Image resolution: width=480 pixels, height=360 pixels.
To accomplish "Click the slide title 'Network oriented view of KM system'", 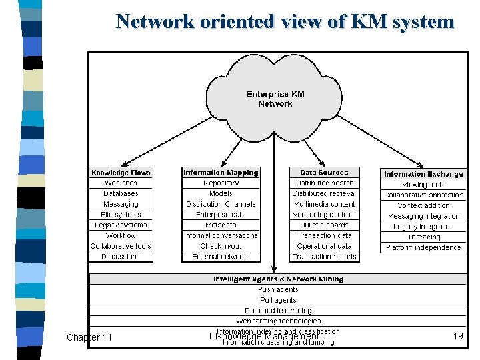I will tap(285, 21).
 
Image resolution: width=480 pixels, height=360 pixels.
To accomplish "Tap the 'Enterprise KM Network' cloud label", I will tap(275, 99).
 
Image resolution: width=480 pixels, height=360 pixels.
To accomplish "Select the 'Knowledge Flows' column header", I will tap(121, 173).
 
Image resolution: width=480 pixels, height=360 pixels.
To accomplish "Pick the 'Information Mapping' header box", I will tap(221, 172).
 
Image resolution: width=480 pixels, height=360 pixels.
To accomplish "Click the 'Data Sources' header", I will tap(324, 172).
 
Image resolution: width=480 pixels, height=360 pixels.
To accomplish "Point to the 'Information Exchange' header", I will tap(423, 174).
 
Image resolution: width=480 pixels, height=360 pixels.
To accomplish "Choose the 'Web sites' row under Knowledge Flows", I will tap(121, 183).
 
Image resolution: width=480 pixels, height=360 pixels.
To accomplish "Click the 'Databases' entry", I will tap(121, 193).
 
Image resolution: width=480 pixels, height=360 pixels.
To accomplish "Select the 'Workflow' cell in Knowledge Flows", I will tap(121, 235).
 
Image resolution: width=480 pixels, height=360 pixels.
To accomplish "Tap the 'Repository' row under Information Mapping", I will tap(221, 183).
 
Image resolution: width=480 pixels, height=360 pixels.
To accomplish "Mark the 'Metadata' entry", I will tap(221, 225).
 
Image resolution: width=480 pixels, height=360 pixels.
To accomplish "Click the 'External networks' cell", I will tap(221, 256).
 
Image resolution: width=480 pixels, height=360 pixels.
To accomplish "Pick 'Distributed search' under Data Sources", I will tap(324, 183).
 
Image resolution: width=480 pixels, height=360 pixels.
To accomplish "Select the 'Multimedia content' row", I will tap(324, 204).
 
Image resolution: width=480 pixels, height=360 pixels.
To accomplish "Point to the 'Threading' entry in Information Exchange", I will tap(423, 237).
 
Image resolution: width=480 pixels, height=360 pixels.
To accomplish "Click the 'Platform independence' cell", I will tap(423, 247).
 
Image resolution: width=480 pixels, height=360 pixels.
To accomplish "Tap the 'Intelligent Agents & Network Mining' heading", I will tap(279, 279).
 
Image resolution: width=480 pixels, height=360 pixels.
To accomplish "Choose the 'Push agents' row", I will tap(279, 289).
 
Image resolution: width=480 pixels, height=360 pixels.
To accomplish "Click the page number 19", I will tap(457, 337).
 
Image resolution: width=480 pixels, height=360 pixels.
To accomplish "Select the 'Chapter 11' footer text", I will tap(89, 337).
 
